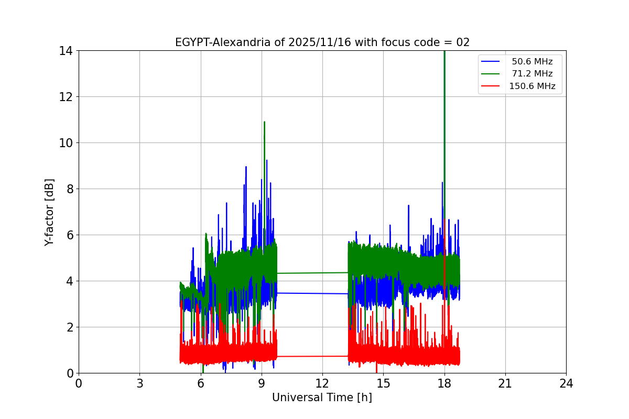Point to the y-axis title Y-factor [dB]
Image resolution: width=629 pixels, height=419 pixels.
tap(49, 212)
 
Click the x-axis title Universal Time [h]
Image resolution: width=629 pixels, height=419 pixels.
tap(322, 398)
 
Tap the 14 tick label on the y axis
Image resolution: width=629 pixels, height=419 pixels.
tap(66, 51)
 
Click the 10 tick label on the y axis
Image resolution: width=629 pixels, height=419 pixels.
tap(66, 143)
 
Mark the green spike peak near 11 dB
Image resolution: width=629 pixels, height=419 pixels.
tap(264, 123)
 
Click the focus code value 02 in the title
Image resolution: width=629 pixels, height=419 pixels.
tap(463, 42)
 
